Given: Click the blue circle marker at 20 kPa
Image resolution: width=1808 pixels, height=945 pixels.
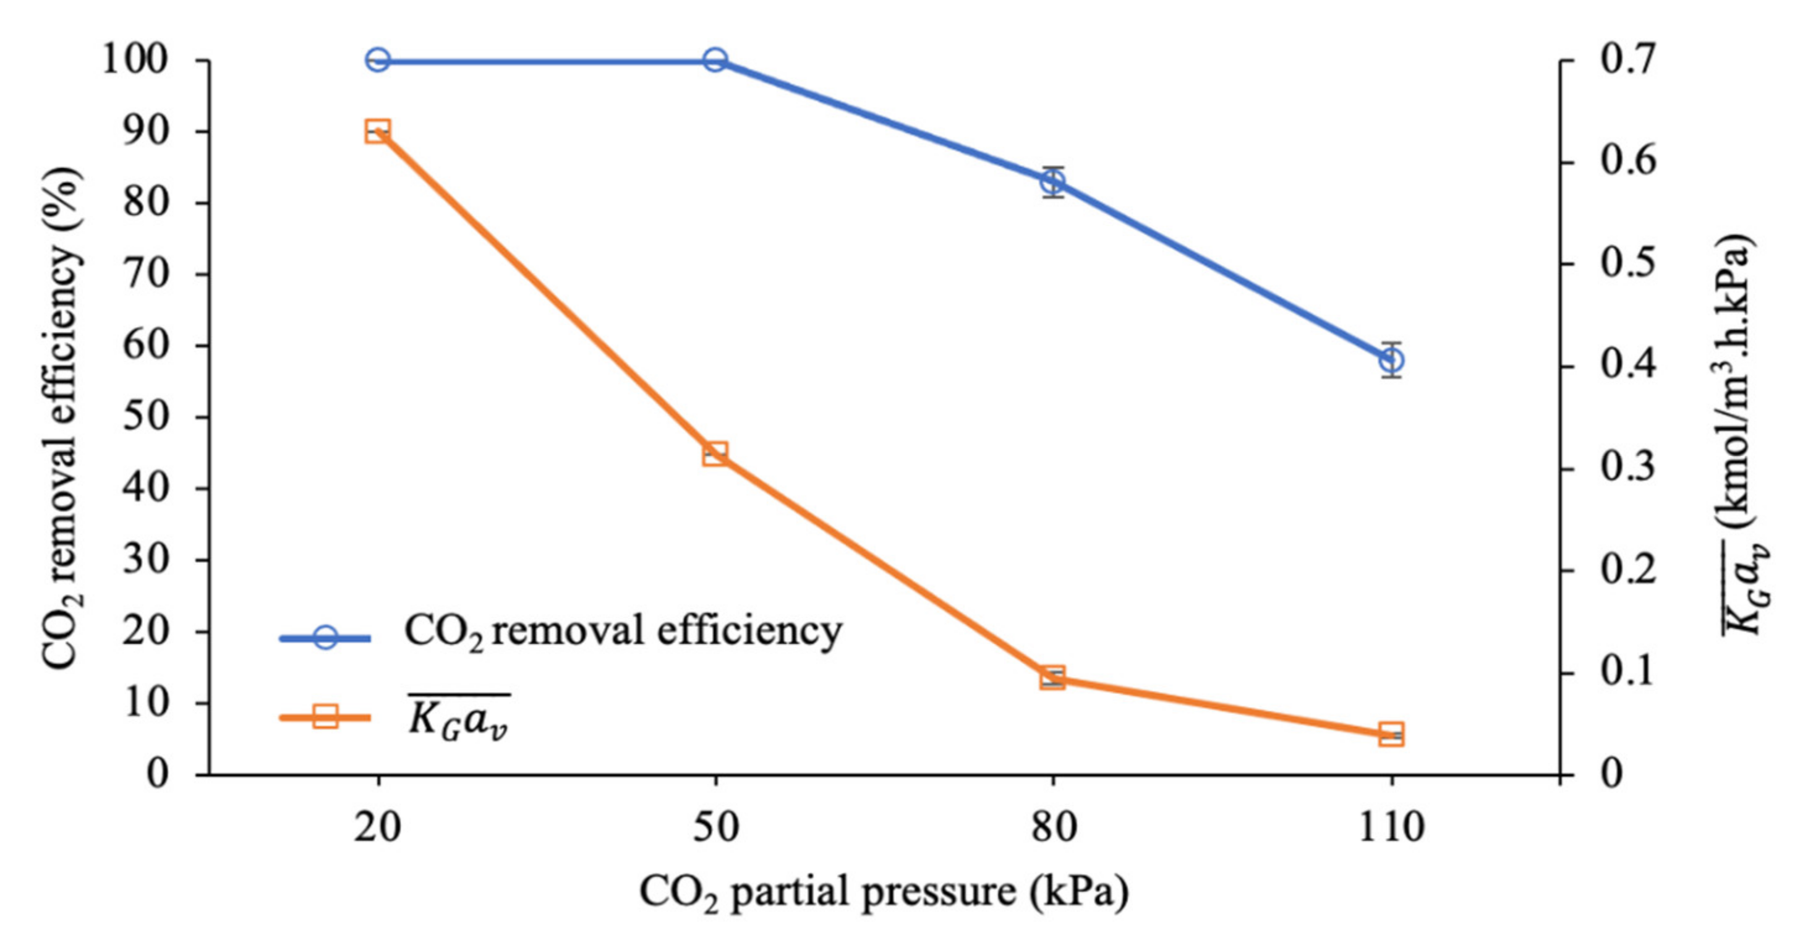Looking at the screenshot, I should (378, 61).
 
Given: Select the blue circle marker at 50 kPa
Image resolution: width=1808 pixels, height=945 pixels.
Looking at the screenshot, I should (715, 61).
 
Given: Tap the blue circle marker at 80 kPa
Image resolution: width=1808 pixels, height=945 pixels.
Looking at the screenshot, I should (1053, 182).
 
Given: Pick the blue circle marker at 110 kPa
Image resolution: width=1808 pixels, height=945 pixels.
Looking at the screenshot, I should (1391, 360).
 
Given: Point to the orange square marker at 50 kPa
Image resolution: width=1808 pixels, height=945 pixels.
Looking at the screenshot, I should (715, 453).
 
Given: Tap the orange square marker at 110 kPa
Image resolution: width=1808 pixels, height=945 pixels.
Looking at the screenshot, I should (1391, 734).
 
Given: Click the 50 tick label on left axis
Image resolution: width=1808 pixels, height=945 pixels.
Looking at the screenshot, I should (145, 417).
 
